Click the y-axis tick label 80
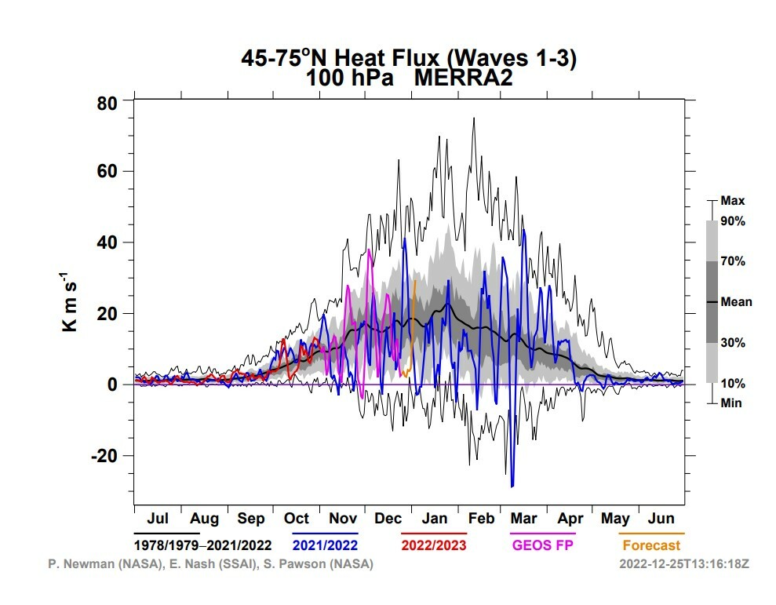(x=107, y=104)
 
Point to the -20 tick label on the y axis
(x=104, y=456)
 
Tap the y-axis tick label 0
(x=112, y=385)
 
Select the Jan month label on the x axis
(x=435, y=519)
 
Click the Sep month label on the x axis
(x=251, y=519)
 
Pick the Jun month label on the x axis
(x=661, y=519)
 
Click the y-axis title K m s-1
(x=69, y=301)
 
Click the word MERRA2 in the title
(x=463, y=78)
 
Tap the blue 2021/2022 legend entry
(x=325, y=545)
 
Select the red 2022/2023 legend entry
(x=434, y=545)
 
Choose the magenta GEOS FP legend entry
(x=543, y=545)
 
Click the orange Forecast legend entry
(x=652, y=545)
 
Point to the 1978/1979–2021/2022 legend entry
(x=203, y=545)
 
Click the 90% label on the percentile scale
(x=733, y=221)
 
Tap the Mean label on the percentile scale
(x=737, y=302)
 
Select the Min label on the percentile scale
(x=731, y=403)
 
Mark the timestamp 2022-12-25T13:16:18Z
(x=684, y=564)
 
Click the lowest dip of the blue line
(x=512, y=487)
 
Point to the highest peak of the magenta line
(x=370, y=250)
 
